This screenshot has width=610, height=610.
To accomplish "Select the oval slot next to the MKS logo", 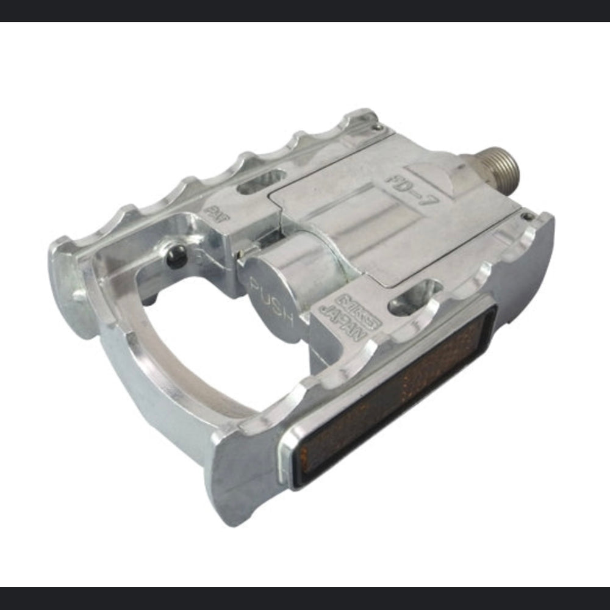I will (x=415, y=298).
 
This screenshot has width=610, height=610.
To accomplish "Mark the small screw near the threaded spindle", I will (x=528, y=216).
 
